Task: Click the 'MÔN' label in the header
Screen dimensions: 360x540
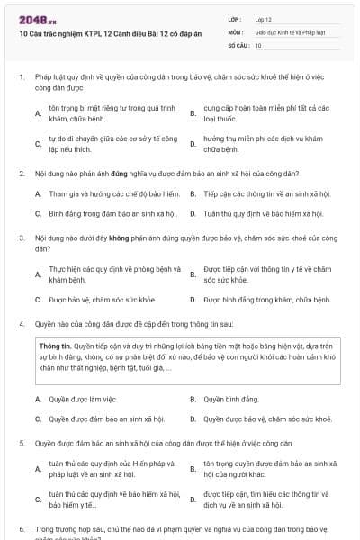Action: pyautogui.click(x=235, y=31)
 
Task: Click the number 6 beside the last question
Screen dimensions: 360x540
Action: pyautogui.click(x=21, y=530)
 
